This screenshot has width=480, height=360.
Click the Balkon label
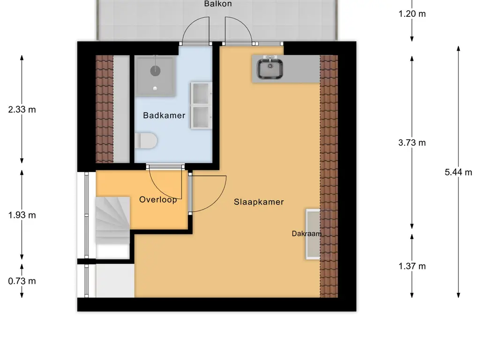[x=218, y=4]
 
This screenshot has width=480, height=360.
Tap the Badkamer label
[x=164, y=115]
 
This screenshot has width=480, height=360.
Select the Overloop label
[x=158, y=200]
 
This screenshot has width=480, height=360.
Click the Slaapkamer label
[x=259, y=202]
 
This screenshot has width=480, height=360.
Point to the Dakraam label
[x=307, y=233]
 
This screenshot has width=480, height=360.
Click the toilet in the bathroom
[x=146, y=141]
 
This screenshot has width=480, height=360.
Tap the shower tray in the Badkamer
[x=155, y=75]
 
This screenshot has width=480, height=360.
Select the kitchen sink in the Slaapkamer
[x=270, y=68]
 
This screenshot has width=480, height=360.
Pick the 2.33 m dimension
[x=22, y=110]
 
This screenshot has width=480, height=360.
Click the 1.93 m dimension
[x=22, y=215]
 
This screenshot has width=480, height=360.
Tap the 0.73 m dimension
[x=22, y=281]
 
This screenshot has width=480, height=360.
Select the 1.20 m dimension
[x=412, y=14]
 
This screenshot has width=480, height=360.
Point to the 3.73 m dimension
[x=412, y=143]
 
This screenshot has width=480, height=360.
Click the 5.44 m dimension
[x=458, y=172]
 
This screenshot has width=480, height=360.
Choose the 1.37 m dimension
[x=412, y=266]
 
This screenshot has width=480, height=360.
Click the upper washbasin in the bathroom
[x=202, y=93]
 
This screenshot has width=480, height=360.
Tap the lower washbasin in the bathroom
[x=202, y=117]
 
